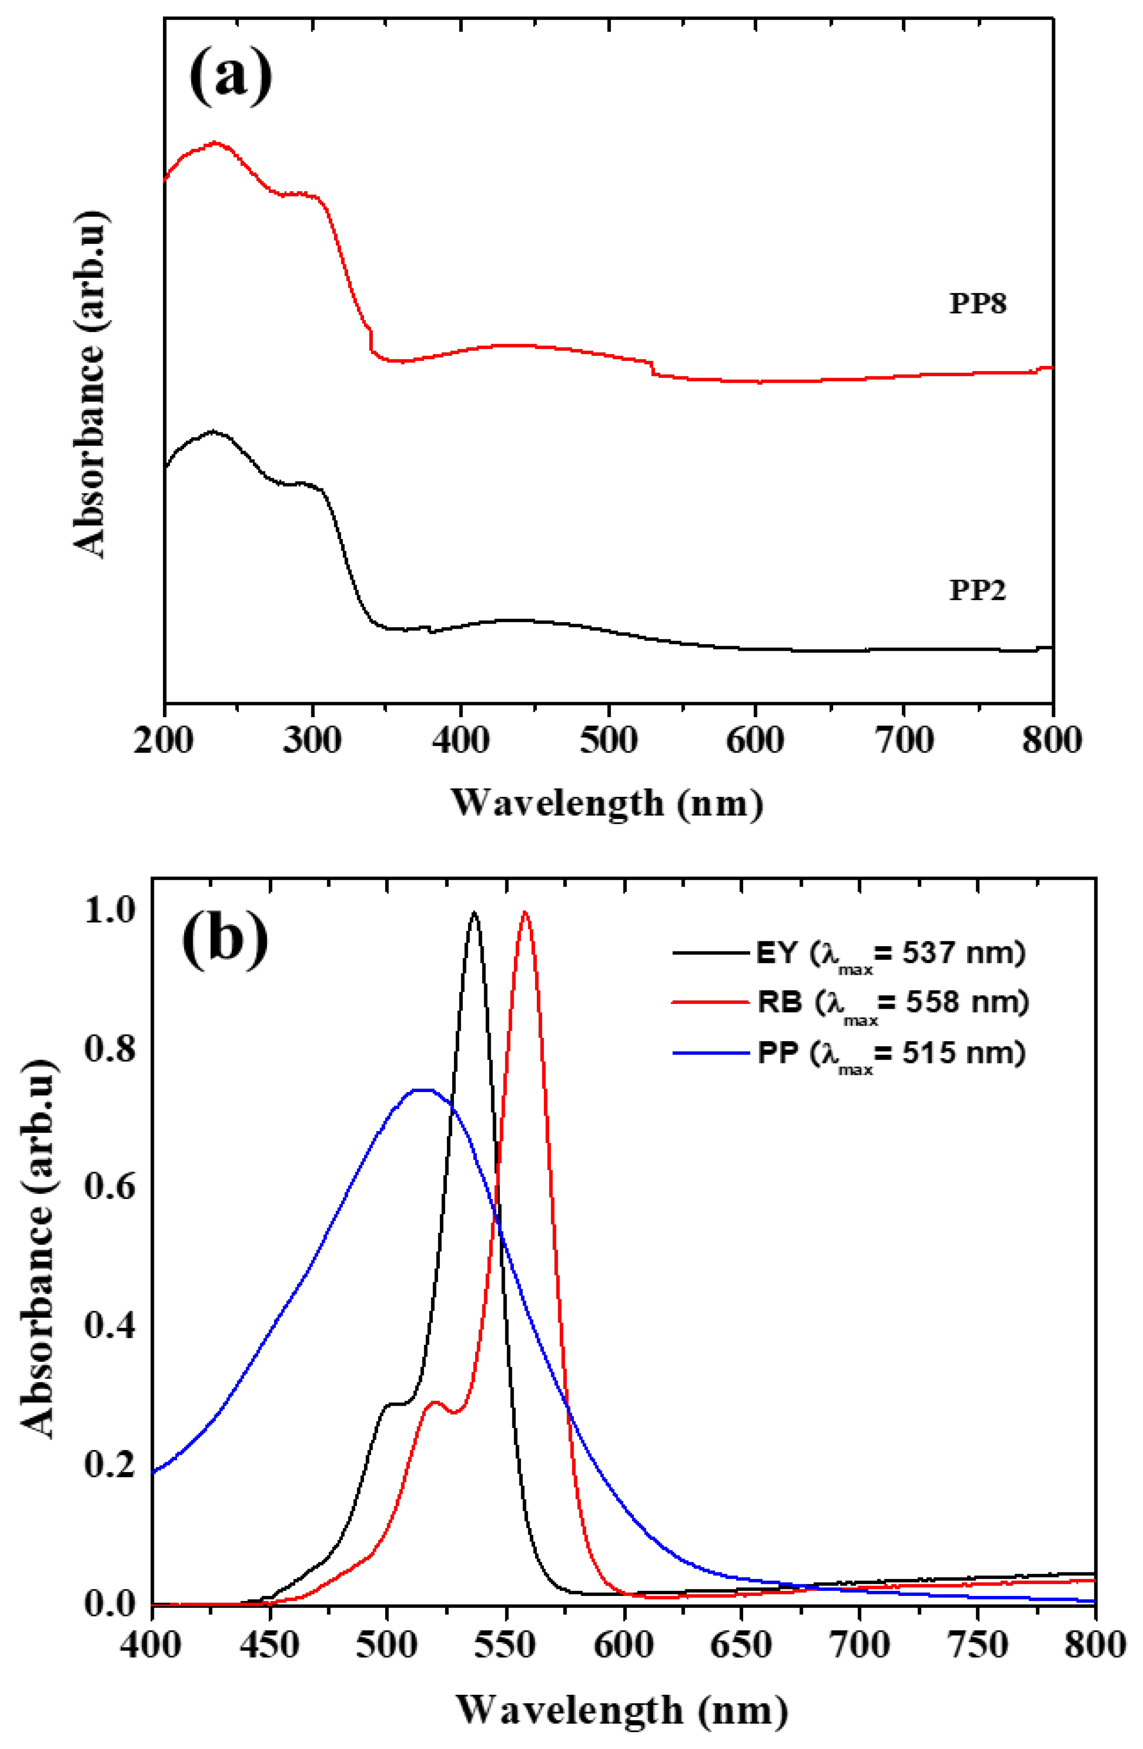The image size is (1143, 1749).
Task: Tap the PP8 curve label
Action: click(977, 303)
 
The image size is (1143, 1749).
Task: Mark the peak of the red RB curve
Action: click(524, 913)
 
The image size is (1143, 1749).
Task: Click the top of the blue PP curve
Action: click(422, 1090)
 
